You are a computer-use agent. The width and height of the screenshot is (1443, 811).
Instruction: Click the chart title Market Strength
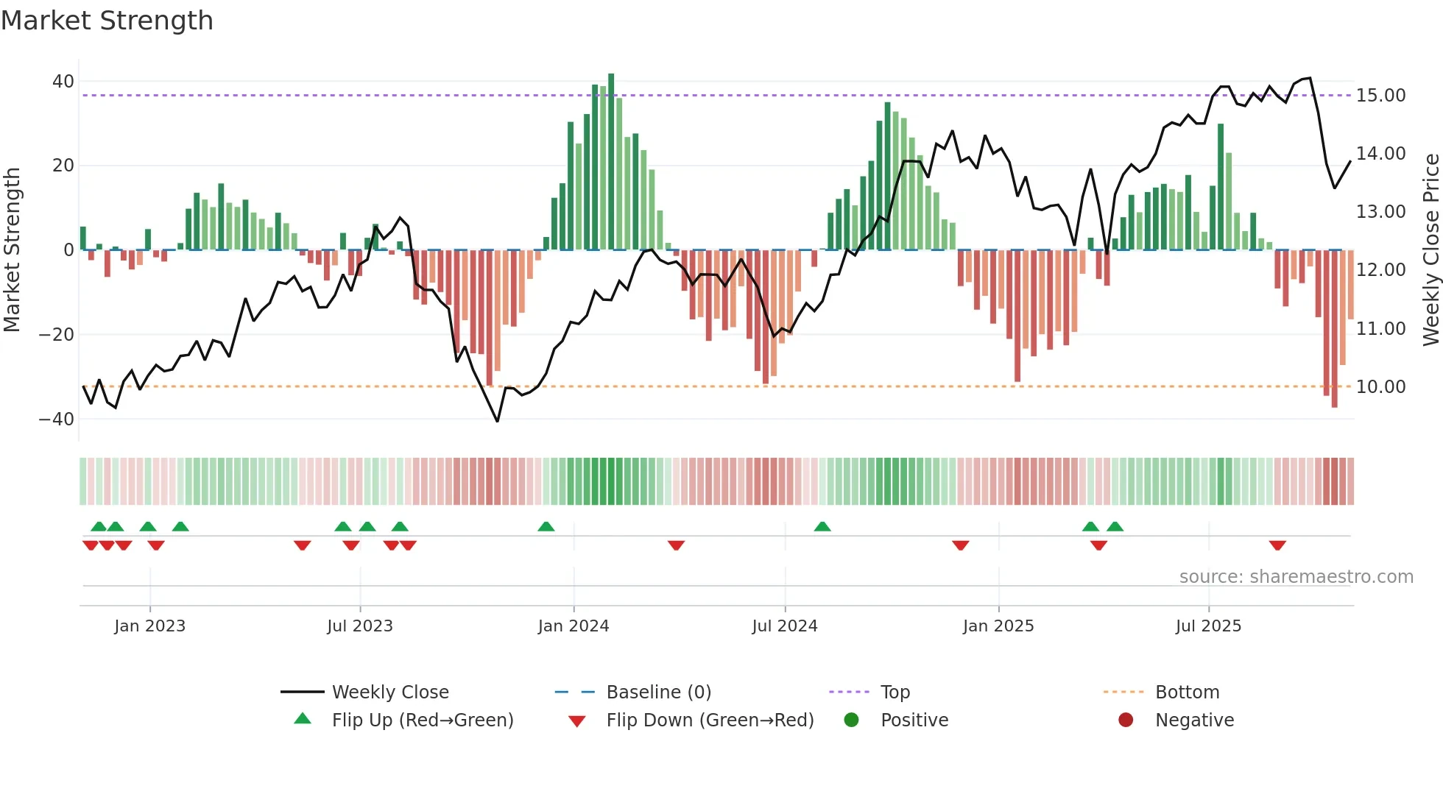tap(107, 21)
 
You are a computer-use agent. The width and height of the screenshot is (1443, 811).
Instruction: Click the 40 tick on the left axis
tap(63, 82)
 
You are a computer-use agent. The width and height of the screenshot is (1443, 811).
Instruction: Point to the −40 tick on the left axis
tap(57, 419)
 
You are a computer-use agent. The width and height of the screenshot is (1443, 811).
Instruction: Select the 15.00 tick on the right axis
tap(1380, 96)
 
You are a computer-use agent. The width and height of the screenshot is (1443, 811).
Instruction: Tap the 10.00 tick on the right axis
tap(1380, 387)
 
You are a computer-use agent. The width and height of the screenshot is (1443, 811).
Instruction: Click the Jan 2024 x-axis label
tap(574, 626)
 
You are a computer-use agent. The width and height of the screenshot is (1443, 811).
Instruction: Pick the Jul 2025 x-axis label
tap(1208, 626)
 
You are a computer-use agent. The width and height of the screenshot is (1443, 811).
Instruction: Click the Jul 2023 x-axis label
tap(360, 626)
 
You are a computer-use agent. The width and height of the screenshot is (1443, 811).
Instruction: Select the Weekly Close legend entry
tap(389, 693)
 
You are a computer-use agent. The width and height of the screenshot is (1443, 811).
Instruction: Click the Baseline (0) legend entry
tap(658, 693)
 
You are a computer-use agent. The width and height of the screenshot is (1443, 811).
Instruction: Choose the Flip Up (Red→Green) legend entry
tap(422, 720)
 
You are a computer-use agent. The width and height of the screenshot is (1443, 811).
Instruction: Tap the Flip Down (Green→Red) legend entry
tap(709, 720)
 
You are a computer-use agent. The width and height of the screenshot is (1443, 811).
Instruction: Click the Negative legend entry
tap(1193, 720)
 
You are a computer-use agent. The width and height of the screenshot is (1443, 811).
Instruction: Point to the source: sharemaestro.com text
tap(1296, 577)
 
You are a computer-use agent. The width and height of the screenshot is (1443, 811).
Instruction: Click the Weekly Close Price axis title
tap(1430, 250)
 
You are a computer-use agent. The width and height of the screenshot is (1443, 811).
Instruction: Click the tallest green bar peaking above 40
tap(611, 162)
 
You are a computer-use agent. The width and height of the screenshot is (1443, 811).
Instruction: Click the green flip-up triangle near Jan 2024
tap(546, 527)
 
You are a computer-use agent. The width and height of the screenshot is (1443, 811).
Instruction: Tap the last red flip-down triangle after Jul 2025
tap(1277, 545)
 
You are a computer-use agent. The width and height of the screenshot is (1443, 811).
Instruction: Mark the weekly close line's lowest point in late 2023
tap(498, 421)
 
